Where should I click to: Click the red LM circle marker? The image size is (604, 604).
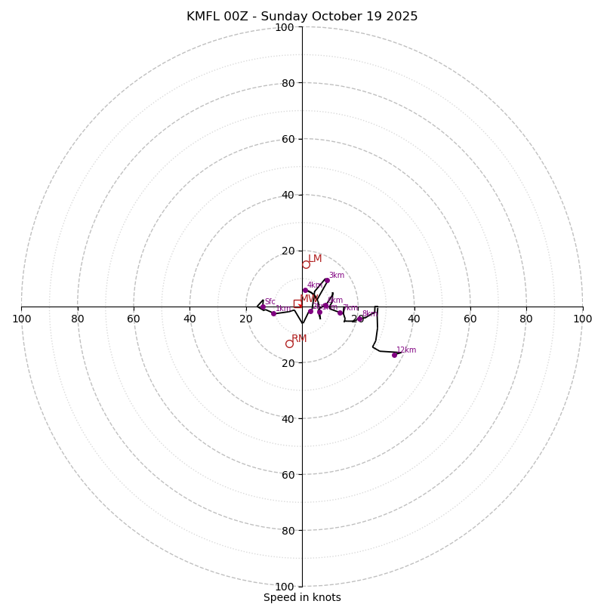[306, 264]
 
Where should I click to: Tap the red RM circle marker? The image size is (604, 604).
[289, 344]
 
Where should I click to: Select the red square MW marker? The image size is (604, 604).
[298, 304]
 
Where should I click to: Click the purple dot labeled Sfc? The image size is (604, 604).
[263, 307]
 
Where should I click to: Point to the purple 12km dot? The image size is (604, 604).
[394, 355]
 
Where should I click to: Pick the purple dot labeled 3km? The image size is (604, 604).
[326, 281]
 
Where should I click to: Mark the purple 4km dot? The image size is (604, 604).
[305, 291]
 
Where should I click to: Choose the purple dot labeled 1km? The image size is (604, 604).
[273, 313]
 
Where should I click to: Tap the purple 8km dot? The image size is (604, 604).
[360, 319]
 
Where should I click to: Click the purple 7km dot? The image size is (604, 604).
[340, 313]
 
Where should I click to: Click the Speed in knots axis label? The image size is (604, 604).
[302, 597]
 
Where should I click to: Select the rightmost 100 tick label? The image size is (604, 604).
[582, 319]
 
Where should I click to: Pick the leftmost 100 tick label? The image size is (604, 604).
[22, 319]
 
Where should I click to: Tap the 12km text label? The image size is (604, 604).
[406, 350]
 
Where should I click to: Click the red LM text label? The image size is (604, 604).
[315, 259]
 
